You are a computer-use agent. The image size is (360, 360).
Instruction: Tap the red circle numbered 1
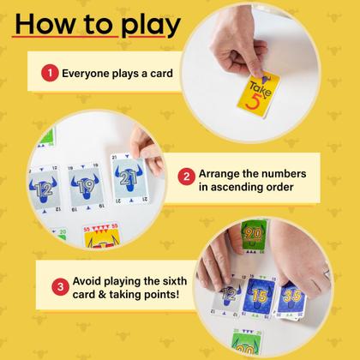pyautogui.click(x=51, y=74)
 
